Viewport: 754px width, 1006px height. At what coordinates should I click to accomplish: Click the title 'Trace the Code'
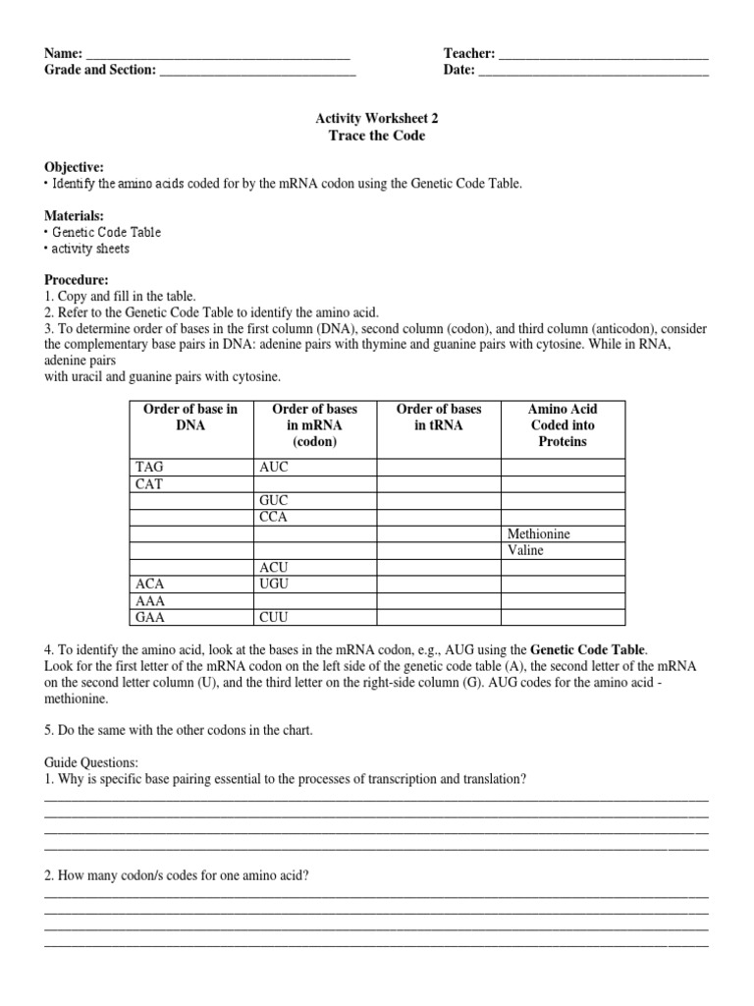[376, 136]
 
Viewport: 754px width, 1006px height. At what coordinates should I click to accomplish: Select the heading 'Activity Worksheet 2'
[376, 117]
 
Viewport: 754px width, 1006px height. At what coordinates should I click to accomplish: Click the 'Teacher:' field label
[469, 53]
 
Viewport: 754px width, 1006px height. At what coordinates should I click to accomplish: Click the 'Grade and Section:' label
[99, 70]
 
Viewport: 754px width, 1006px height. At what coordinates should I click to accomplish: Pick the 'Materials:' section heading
[74, 215]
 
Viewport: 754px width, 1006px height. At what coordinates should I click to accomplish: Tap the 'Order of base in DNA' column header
[190, 417]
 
